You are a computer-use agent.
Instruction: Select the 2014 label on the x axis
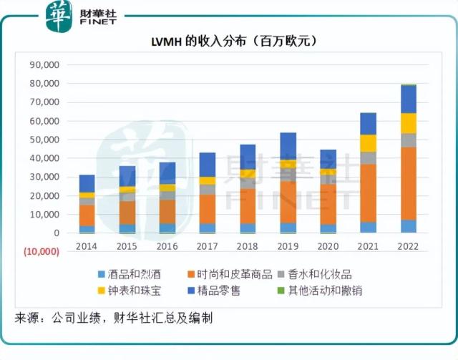[87, 245]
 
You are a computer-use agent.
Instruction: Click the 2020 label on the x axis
[328, 245]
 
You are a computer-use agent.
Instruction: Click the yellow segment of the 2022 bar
[409, 123]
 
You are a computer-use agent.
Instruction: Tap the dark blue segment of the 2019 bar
[288, 146]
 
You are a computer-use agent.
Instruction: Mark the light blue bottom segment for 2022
[409, 226]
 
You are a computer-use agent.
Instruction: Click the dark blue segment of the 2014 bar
[87, 183]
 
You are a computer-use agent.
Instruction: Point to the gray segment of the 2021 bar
[368, 157]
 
